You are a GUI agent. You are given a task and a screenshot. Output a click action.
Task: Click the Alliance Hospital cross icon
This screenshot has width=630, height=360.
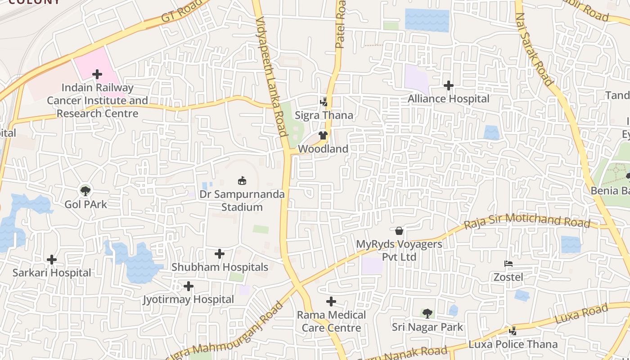click(449, 85)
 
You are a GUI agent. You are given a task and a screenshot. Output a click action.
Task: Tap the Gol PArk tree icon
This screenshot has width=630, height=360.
click(85, 190)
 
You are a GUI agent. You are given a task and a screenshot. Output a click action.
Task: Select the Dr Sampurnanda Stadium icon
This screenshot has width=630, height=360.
click(242, 181)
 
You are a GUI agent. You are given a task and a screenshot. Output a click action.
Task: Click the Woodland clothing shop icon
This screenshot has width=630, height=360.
click(323, 135)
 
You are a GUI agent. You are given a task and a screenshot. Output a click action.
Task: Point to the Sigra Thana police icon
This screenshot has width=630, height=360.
click(324, 102)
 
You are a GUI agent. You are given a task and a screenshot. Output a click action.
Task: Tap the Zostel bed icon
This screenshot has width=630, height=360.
click(508, 264)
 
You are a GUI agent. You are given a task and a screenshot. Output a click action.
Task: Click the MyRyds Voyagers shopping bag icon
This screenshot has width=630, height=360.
click(399, 231)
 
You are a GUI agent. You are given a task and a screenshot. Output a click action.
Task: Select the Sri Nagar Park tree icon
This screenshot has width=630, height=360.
click(427, 313)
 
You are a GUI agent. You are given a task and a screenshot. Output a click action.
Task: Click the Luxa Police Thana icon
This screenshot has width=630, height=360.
click(513, 331)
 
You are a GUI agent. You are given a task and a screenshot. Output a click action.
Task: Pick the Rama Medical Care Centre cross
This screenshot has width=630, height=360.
click(331, 301)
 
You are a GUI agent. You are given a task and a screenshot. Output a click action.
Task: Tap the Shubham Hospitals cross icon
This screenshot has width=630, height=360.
click(220, 254)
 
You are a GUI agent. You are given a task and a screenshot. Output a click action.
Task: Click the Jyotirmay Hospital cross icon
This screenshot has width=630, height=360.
click(189, 286)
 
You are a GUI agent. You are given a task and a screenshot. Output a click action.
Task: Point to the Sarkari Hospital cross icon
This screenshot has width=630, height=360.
click(52, 260)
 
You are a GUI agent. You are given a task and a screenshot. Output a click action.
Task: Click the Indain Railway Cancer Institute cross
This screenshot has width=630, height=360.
click(97, 74)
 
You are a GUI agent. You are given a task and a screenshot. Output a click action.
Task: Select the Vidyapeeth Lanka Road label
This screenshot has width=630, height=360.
click(271, 76)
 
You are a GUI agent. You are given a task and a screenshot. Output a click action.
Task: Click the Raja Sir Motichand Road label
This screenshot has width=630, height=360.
click(526, 220)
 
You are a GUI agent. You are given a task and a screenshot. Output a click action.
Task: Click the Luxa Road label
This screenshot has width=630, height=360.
click(581, 315)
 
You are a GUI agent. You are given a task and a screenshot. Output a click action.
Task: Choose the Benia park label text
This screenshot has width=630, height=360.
click(610, 191)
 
